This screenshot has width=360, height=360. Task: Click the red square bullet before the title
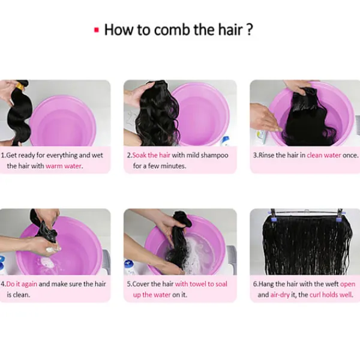click(x=97, y=30)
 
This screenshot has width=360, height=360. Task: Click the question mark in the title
click(x=250, y=29)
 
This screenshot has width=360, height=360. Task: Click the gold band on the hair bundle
click(x=20, y=86)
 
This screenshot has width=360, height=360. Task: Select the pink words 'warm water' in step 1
click(x=64, y=166)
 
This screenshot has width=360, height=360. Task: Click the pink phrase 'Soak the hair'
click(x=151, y=155)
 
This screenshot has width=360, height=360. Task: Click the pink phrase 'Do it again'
click(x=22, y=284)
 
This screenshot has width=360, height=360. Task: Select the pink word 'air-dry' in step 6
click(x=280, y=295)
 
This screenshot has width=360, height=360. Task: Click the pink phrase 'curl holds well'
click(x=331, y=295)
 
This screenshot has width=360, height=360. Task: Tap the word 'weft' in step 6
click(x=332, y=284)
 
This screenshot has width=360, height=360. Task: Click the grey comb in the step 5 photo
click(x=232, y=259)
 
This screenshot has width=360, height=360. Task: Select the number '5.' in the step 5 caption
click(x=130, y=284)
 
